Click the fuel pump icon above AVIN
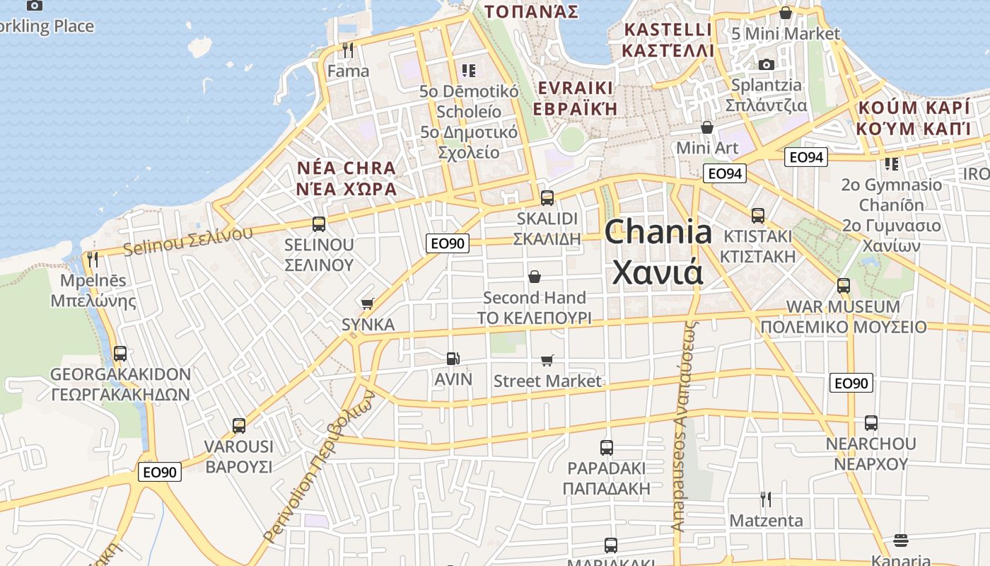(x=453, y=359)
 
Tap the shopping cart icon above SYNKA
(x=367, y=304)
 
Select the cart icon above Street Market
(x=547, y=361)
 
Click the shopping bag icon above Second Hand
(x=535, y=277)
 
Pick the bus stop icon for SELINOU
(x=319, y=224)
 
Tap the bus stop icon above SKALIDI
(x=547, y=198)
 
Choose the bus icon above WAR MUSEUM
(x=843, y=286)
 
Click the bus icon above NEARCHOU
(x=870, y=423)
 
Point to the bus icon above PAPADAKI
(x=606, y=447)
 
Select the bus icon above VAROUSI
(x=239, y=426)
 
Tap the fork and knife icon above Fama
(x=347, y=50)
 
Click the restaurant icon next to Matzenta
(x=765, y=499)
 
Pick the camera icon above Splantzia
(x=766, y=65)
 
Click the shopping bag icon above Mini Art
(x=706, y=127)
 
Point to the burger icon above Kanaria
(x=900, y=541)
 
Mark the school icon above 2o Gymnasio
(x=891, y=164)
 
